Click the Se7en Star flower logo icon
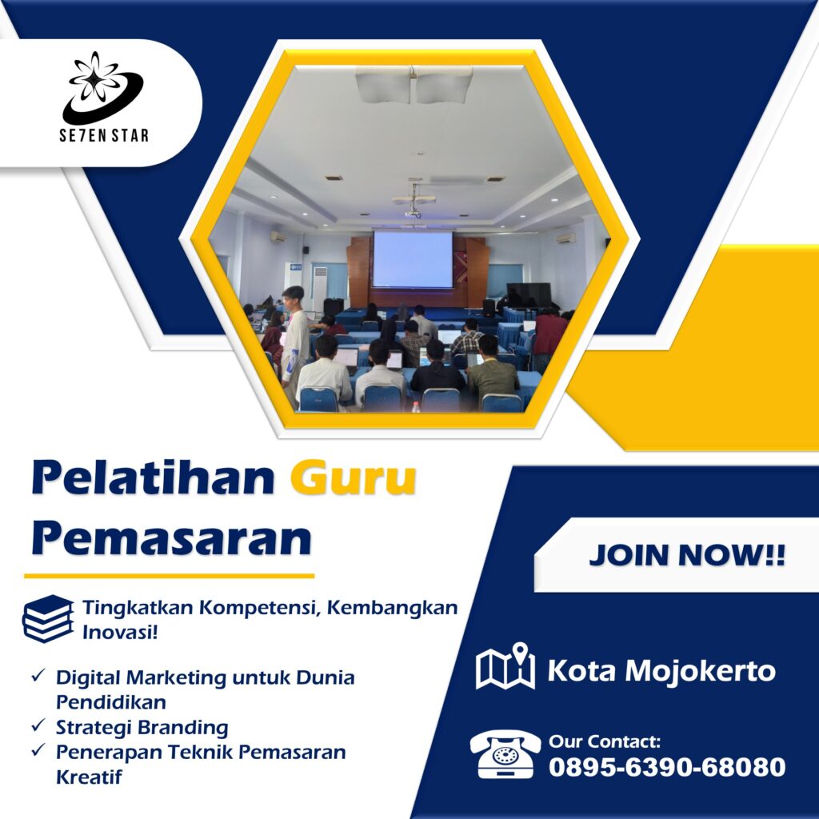[103, 88]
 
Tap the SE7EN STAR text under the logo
[104, 136]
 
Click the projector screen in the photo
[412, 259]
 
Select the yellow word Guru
[353, 477]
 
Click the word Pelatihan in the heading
[153, 477]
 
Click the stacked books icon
[48, 618]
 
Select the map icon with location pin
[505, 666]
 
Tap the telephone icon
[505, 753]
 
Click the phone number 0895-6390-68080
[667, 767]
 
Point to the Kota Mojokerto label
[661, 670]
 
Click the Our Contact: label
[605, 741]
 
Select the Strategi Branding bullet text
[142, 727]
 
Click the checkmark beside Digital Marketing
[38, 675]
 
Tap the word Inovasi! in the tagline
[120, 632]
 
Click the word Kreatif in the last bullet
[89, 777]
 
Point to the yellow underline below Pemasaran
[170, 576]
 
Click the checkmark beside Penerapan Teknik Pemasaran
[38, 750]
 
